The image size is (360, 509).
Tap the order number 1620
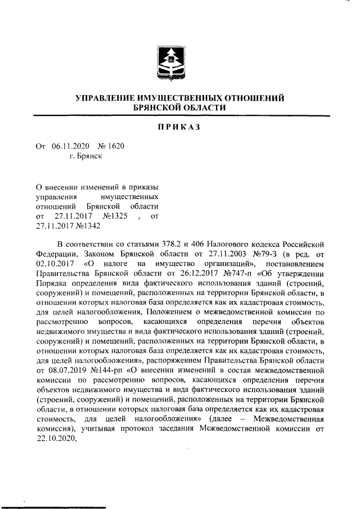[x=115, y=146]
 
